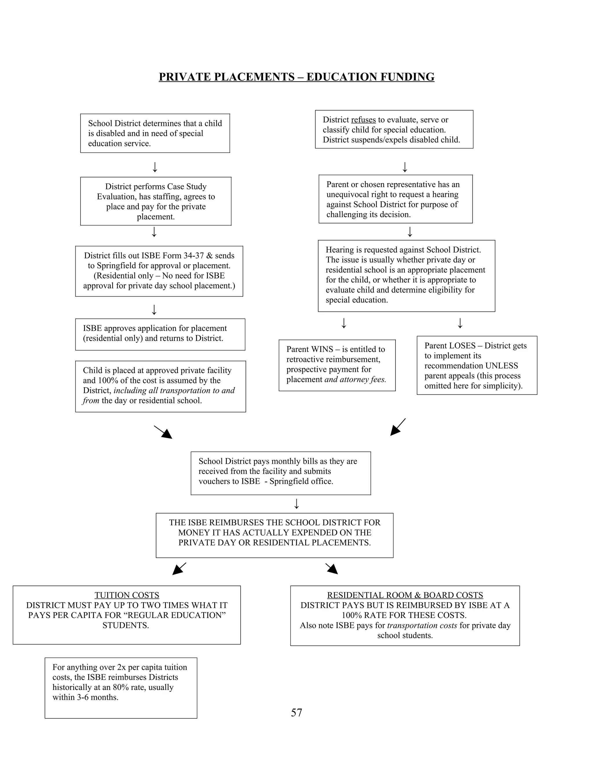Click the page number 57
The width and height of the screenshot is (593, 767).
point(296,712)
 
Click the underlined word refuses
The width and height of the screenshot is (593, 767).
point(363,120)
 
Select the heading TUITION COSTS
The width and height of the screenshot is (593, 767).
point(127,595)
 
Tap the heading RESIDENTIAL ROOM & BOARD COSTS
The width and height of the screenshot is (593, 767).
point(405,595)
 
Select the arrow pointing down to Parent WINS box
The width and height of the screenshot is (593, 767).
point(344,323)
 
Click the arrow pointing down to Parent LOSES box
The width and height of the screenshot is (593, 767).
point(460,323)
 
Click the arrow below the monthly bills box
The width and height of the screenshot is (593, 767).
point(296,504)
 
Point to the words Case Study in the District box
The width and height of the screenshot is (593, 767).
point(186,186)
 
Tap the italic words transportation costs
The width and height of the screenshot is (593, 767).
point(422,625)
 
